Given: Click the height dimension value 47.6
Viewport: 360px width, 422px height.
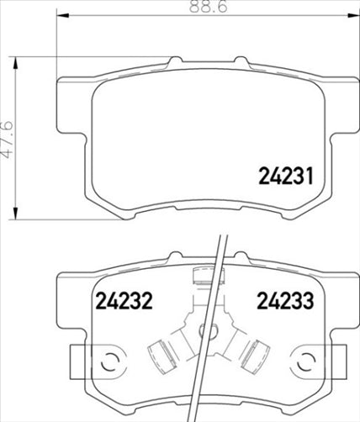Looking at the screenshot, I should tap(10, 132).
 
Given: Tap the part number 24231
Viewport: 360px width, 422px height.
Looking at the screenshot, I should tap(283, 177).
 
